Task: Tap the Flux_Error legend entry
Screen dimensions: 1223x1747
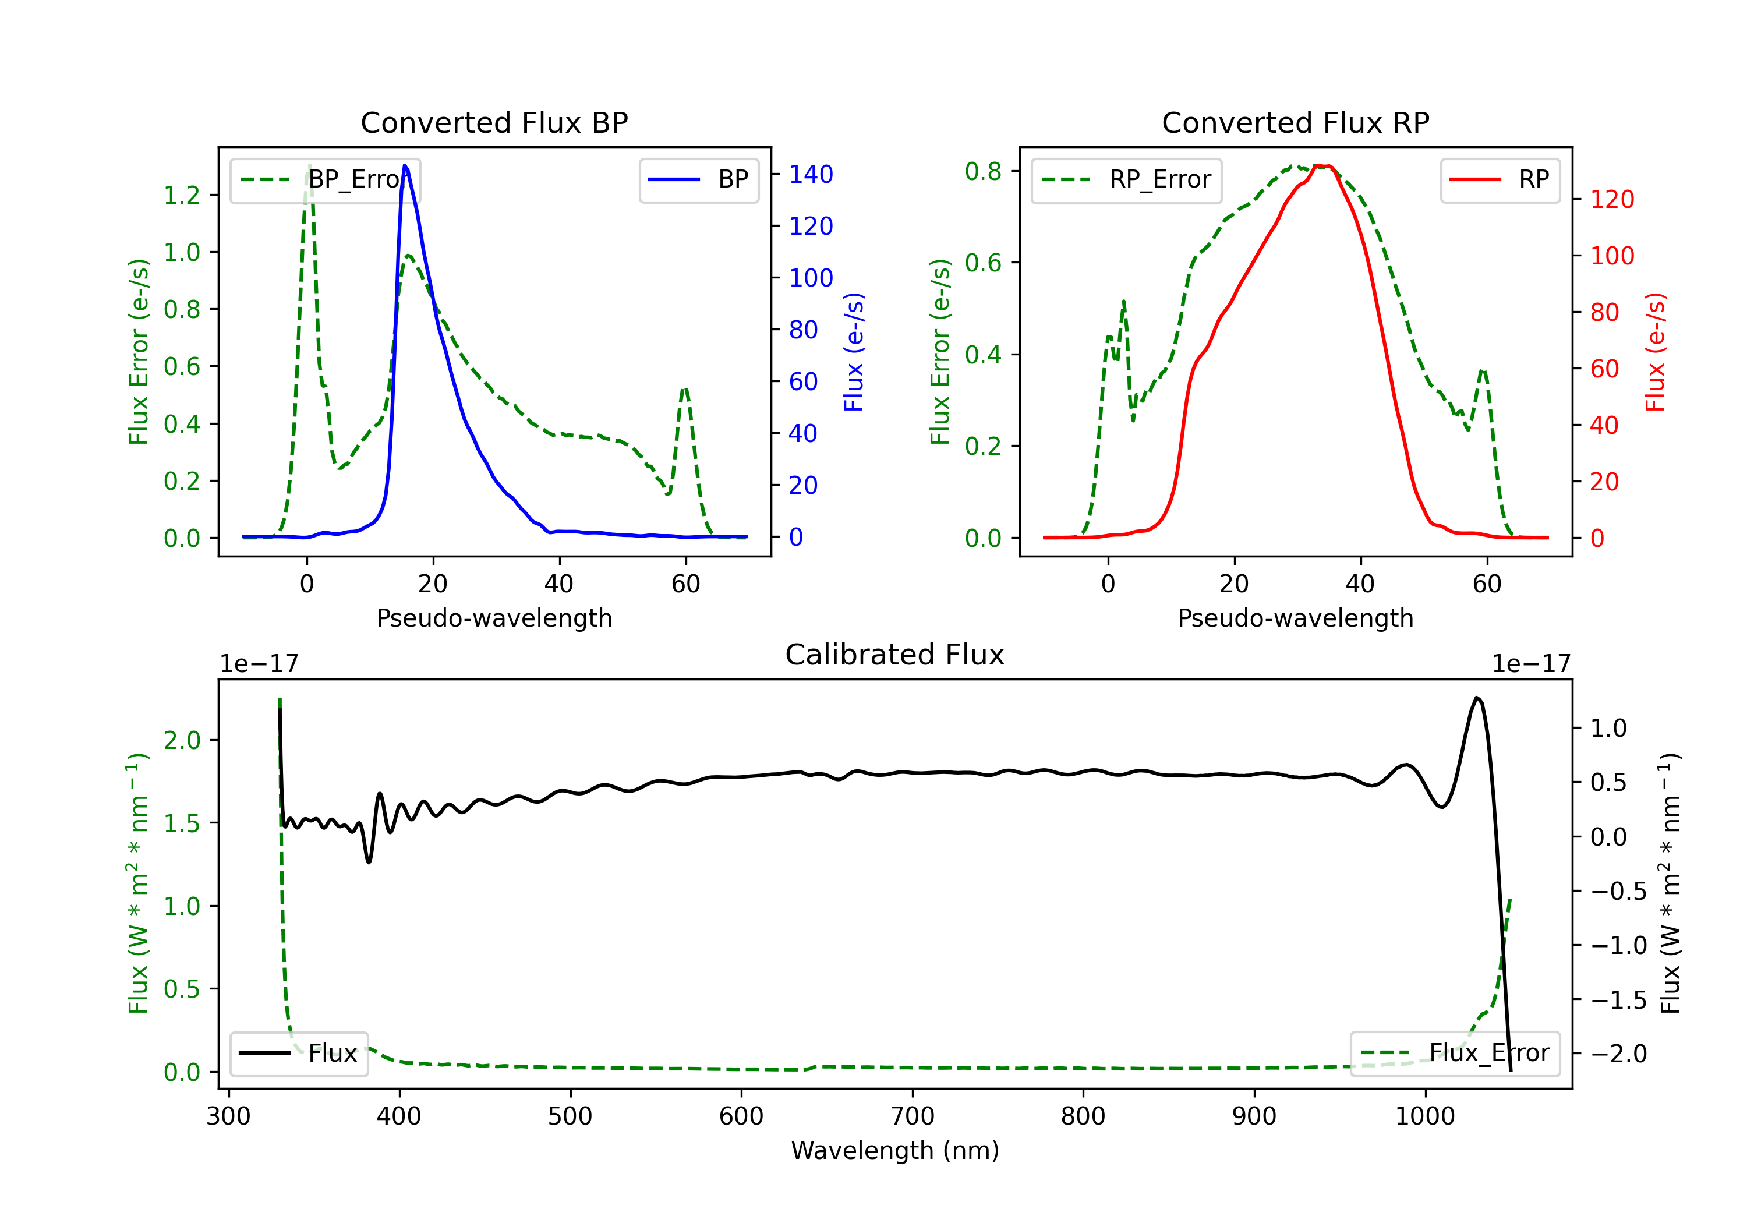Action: (x=1454, y=1054)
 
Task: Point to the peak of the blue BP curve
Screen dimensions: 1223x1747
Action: (x=405, y=165)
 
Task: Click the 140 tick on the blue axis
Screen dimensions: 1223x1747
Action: (x=811, y=174)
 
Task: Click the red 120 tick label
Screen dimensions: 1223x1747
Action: (x=1611, y=199)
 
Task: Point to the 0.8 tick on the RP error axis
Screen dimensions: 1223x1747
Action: (x=983, y=171)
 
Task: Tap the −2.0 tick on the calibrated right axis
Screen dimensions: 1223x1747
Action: (x=1618, y=1054)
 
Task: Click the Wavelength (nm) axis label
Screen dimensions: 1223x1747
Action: (x=895, y=1150)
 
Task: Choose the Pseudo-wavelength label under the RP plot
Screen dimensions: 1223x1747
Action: (x=1295, y=618)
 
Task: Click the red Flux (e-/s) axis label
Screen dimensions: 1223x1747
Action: (x=1655, y=352)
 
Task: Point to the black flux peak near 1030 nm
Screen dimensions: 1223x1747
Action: (x=1477, y=697)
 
